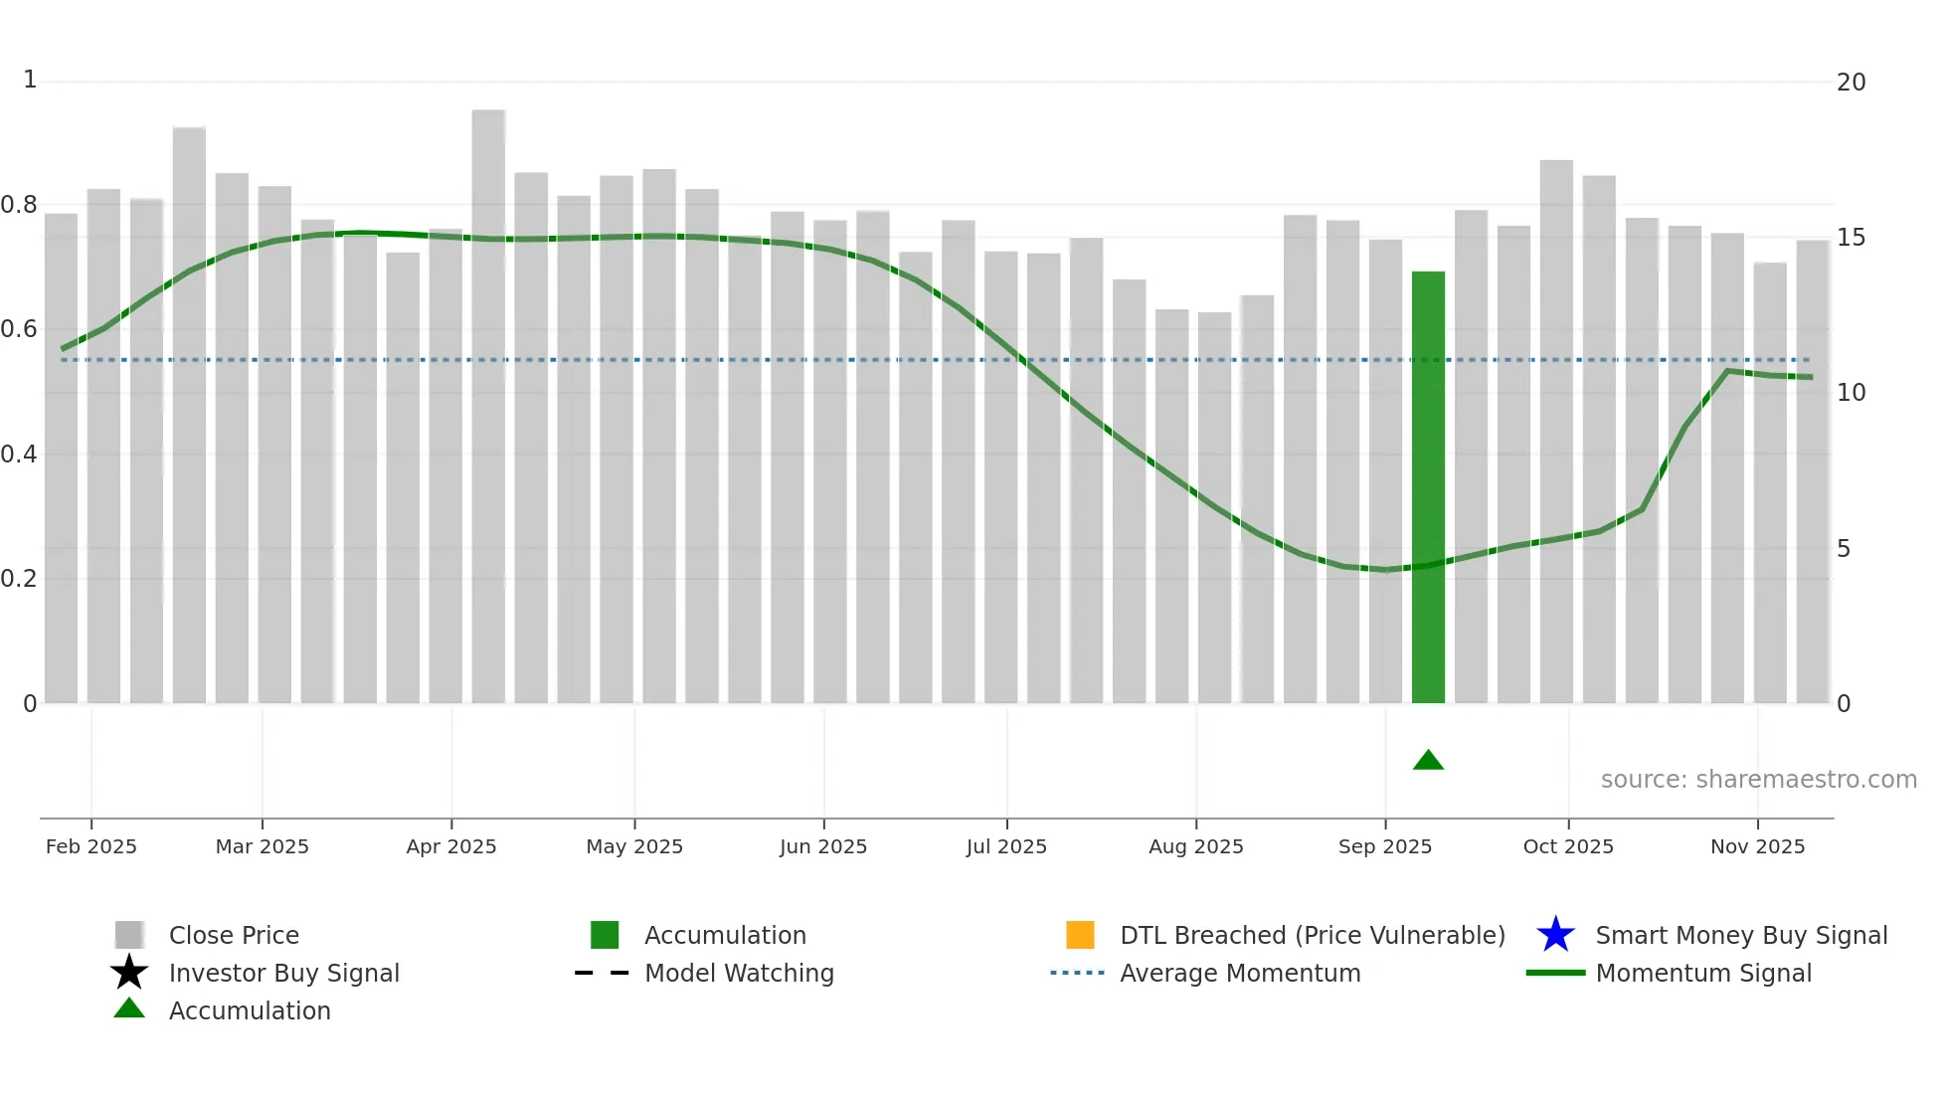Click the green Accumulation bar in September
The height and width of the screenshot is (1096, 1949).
point(1428,487)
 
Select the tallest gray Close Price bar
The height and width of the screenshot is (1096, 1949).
point(488,408)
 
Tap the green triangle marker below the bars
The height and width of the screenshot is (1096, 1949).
point(1428,761)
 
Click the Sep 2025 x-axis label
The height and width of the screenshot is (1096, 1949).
point(1384,846)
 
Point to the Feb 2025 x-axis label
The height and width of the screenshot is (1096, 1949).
point(91,846)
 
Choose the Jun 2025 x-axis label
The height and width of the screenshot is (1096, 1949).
point(823,846)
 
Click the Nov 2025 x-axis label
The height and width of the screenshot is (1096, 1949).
point(1757,846)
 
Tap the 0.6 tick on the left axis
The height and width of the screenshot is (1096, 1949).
point(19,329)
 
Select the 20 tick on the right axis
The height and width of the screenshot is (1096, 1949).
point(1851,83)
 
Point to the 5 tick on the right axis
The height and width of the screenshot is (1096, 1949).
point(1844,549)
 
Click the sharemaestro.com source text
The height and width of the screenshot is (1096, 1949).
point(1758,780)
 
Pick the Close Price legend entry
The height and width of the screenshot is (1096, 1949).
point(234,935)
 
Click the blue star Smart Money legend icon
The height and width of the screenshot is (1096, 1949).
point(1555,935)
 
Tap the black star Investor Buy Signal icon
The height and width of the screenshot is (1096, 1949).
point(129,973)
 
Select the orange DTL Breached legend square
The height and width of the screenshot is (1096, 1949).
point(1080,935)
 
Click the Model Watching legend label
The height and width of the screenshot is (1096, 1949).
point(739,973)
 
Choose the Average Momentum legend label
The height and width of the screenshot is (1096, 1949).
point(1240,973)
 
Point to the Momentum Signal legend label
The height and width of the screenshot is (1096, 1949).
point(1703,973)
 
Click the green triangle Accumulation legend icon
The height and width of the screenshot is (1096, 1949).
point(129,1009)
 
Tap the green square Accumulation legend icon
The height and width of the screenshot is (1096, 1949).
point(605,935)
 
